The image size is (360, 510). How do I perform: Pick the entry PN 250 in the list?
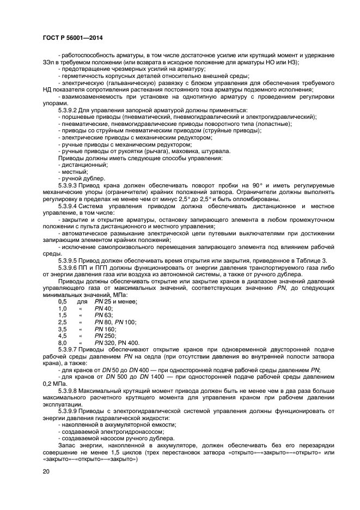pyautogui.click(x=105, y=336)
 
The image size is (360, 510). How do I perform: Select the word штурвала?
pyautogui.click(x=216, y=151)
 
